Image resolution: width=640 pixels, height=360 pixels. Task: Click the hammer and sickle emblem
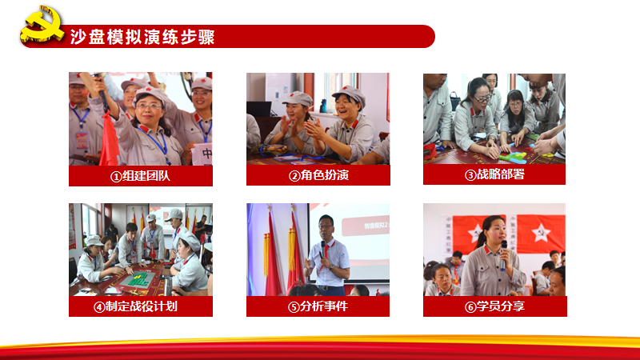(x=42, y=24)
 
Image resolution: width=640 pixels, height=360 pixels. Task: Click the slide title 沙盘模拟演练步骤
(x=142, y=37)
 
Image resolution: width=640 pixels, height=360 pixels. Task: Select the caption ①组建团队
(x=140, y=176)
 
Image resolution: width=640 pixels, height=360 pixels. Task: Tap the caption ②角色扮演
(x=318, y=175)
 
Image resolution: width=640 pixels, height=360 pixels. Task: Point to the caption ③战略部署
(x=494, y=174)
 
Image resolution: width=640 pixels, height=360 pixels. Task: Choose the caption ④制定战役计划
(x=135, y=306)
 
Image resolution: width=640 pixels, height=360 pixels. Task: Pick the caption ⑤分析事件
(x=318, y=306)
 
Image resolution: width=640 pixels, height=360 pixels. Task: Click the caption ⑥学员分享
(x=494, y=306)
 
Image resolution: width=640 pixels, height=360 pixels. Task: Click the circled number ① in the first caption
(x=116, y=177)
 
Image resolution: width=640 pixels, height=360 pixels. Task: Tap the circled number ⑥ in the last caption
(x=470, y=307)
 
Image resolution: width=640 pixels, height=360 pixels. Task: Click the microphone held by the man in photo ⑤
(x=323, y=248)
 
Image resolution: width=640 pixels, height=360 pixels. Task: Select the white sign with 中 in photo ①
(x=202, y=154)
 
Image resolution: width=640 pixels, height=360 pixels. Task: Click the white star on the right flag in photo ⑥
(x=541, y=233)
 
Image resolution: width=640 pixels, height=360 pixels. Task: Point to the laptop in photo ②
(x=258, y=109)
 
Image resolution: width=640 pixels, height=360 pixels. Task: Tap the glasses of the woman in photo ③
(x=482, y=98)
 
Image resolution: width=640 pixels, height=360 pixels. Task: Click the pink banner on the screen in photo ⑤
(x=366, y=226)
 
